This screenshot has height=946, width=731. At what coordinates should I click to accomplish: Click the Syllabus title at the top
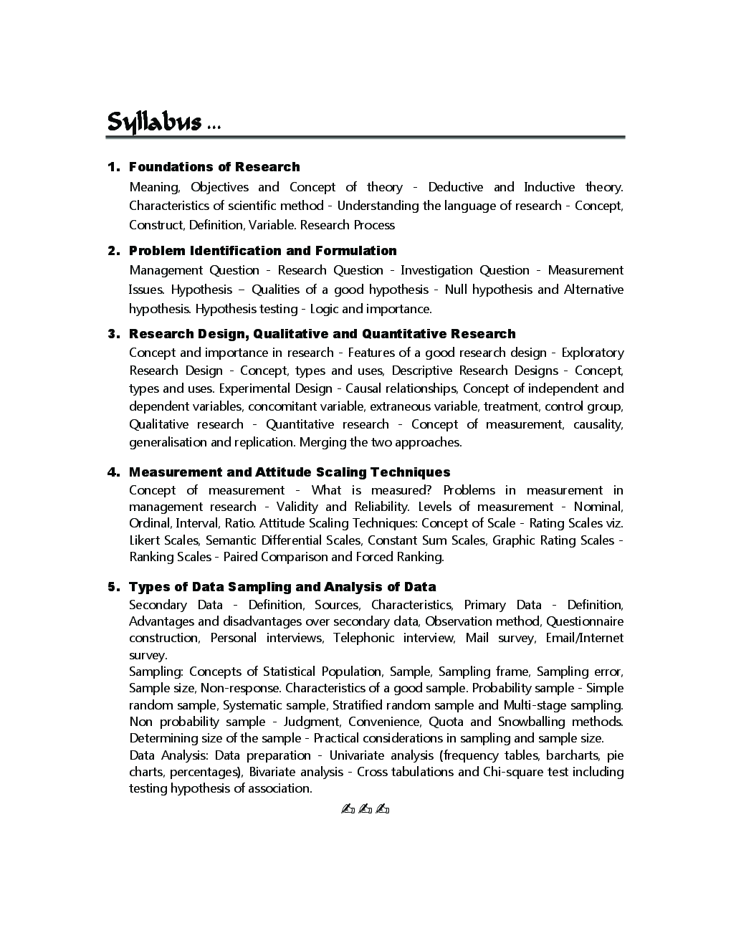click(x=154, y=122)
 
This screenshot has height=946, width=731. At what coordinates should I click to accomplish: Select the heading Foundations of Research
click(x=214, y=167)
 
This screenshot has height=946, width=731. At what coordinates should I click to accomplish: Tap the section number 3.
click(x=113, y=334)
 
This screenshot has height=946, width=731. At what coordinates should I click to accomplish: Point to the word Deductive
click(x=455, y=187)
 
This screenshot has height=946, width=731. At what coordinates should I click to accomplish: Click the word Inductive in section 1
click(x=549, y=187)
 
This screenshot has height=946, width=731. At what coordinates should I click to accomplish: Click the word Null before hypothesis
click(x=456, y=290)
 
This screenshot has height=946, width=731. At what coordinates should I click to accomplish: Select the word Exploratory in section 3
click(x=592, y=353)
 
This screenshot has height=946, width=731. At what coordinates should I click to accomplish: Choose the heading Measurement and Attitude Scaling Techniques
click(x=290, y=472)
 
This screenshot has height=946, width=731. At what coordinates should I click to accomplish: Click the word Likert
click(x=145, y=540)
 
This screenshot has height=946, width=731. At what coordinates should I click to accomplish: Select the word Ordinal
click(x=149, y=523)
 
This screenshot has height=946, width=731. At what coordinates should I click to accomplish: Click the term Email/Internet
click(x=584, y=638)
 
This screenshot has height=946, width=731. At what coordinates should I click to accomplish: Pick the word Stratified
click(x=358, y=705)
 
